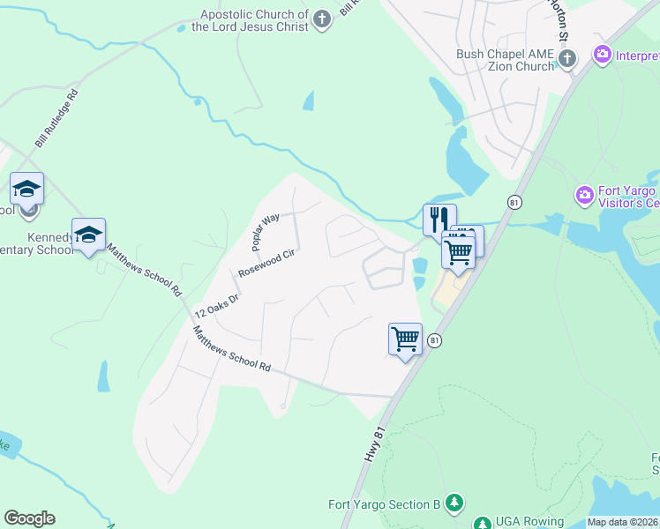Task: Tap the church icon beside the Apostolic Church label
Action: click(x=323, y=19)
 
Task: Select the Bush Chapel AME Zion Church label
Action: click(x=505, y=60)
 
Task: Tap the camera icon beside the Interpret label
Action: click(x=604, y=55)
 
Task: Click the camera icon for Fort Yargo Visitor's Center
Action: click(x=583, y=194)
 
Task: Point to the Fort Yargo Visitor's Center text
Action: click(x=627, y=197)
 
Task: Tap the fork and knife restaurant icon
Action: click(x=439, y=219)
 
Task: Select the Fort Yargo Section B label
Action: click(x=384, y=504)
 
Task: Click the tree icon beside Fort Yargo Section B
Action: click(x=454, y=503)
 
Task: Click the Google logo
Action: click(x=29, y=518)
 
